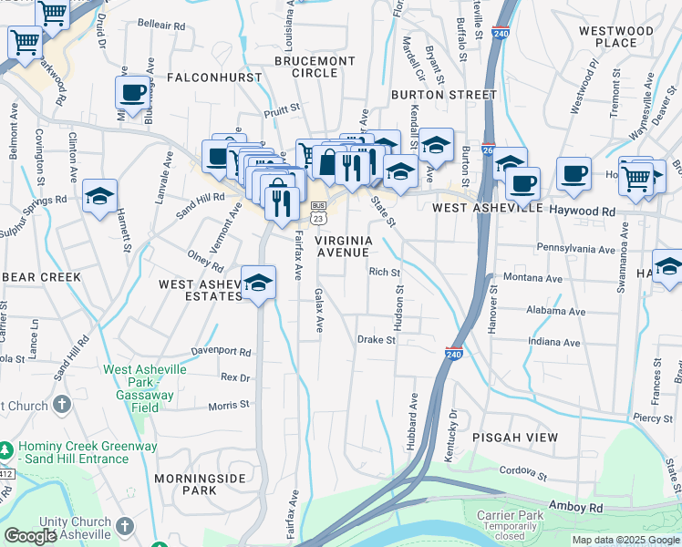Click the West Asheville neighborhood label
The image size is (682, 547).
[x=480, y=208]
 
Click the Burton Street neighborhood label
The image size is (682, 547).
[x=443, y=94]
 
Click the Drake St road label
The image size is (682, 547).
[x=376, y=340]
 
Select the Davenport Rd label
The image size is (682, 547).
[x=221, y=351]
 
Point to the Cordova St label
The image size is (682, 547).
[x=522, y=475]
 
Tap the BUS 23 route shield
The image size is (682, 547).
[x=318, y=212]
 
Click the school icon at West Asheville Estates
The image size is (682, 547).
[x=259, y=283]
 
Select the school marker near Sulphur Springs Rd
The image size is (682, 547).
[x=100, y=196]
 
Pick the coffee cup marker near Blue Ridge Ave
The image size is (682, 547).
[x=133, y=93]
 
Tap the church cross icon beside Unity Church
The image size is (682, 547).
[x=125, y=527]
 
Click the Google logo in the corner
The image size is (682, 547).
[x=30, y=536]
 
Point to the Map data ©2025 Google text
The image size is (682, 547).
[x=625, y=540]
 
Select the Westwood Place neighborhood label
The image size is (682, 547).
[x=616, y=36]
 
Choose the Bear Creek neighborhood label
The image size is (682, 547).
[x=41, y=276]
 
